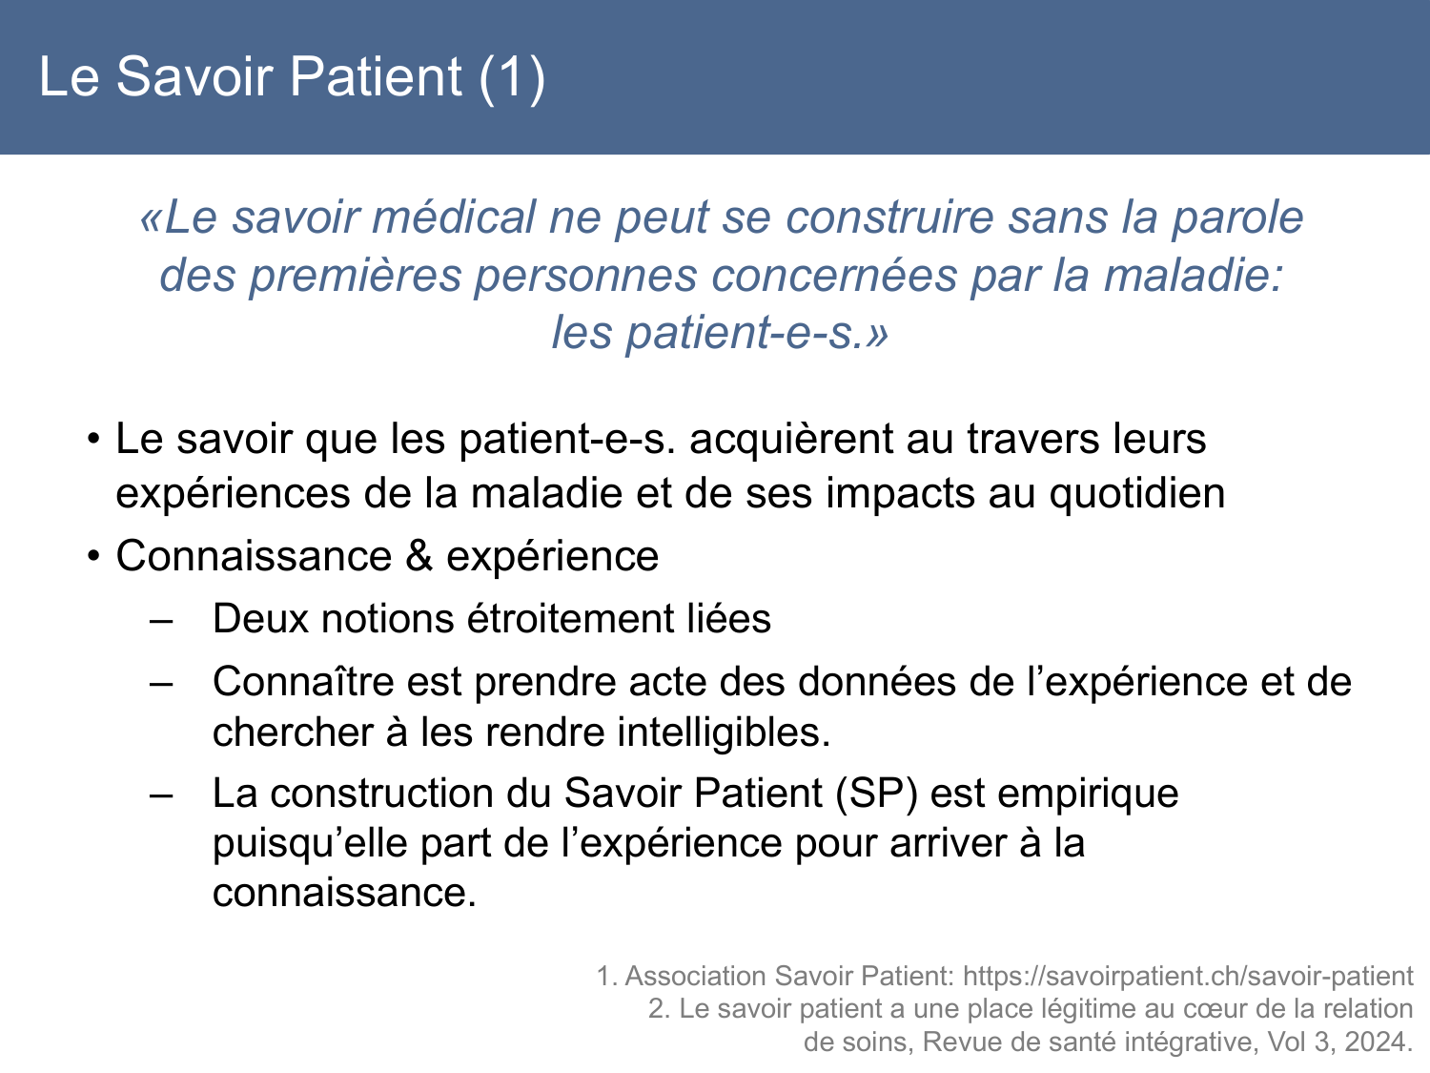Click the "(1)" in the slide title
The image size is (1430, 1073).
(512, 77)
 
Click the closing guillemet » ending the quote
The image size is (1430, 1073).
(878, 333)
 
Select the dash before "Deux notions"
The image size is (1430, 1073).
(161, 620)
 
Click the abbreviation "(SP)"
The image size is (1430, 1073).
(875, 794)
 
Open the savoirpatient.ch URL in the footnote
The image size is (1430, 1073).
(1188, 977)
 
